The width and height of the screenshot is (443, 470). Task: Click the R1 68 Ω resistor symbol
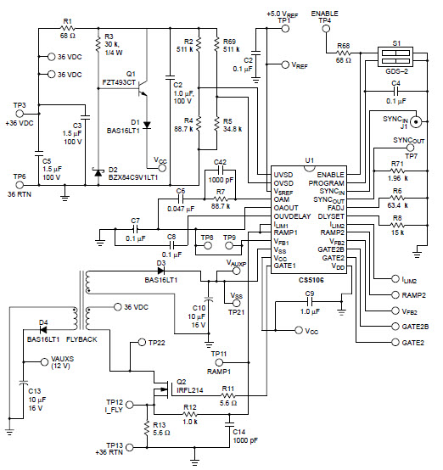pyautogui.click(x=68, y=29)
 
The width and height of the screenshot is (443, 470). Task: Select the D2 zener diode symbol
pyautogui.click(x=98, y=172)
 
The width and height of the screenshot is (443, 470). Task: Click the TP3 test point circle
pyautogui.click(x=20, y=114)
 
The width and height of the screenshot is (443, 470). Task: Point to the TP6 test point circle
pyautogui.click(x=20, y=185)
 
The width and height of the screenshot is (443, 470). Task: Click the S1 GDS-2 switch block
pyautogui.click(x=395, y=57)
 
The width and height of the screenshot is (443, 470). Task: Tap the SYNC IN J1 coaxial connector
pyautogui.click(x=416, y=121)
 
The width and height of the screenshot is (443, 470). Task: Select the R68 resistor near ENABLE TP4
pyautogui.click(x=344, y=53)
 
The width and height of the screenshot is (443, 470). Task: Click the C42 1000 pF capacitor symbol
pyautogui.click(x=221, y=171)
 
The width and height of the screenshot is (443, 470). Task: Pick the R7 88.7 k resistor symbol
pyautogui.click(x=221, y=199)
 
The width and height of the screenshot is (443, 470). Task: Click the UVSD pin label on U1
pyautogui.click(x=283, y=175)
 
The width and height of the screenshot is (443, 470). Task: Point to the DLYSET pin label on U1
pyautogui.click(x=331, y=216)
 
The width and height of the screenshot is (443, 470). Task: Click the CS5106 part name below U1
pyautogui.click(x=311, y=280)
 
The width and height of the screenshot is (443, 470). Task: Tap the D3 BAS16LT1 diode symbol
pyautogui.click(x=161, y=271)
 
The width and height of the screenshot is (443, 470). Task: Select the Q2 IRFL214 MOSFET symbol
pyautogui.click(x=161, y=389)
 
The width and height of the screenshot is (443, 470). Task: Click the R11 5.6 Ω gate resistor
pyautogui.click(x=228, y=395)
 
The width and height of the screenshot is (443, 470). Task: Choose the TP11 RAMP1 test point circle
pyautogui.click(x=219, y=363)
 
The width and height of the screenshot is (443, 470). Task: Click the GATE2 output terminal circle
pyautogui.click(x=395, y=342)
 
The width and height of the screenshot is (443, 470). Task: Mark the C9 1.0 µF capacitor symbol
pyautogui.click(x=310, y=302)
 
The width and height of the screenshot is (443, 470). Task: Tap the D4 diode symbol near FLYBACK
pyautogui.click(x=43, y=330)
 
